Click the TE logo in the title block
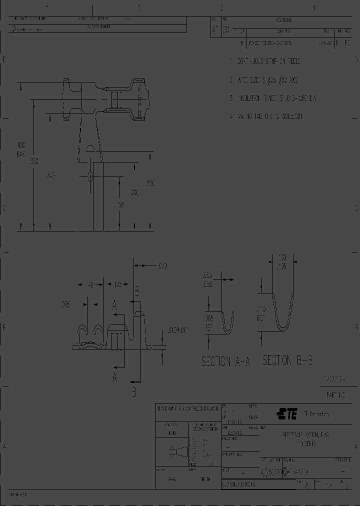(x=287, y=414)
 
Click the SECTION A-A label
(x=224, y=361)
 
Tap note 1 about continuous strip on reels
(x=265, y=61)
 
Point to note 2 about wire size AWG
(x=264, y=80)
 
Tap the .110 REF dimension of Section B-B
(x=262, y=312)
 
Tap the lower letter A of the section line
(x=114, y=378)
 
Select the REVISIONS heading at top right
(x=283, y=20)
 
